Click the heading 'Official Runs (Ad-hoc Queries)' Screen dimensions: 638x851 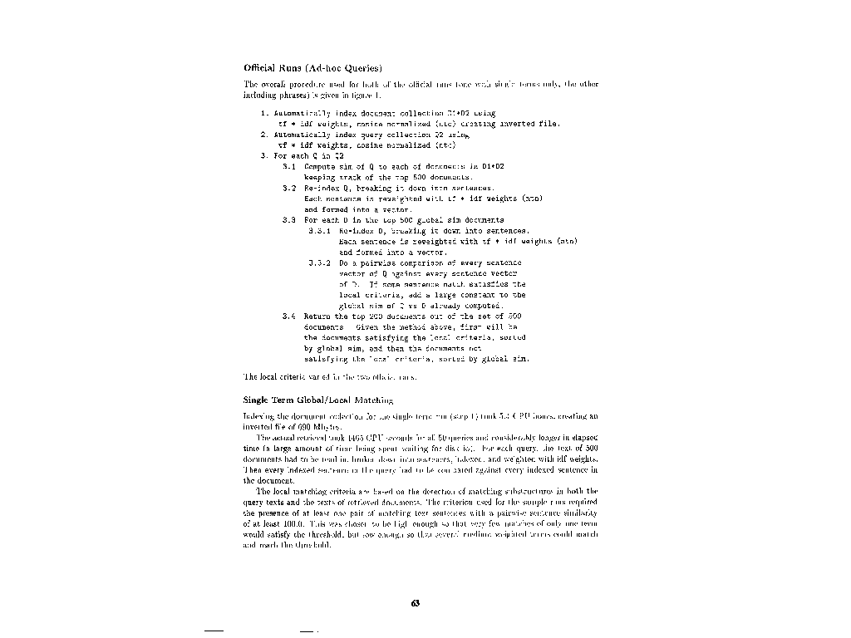[x=312, y=67]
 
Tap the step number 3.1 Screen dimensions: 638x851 [x=290, y=167]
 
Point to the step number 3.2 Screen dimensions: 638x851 [x=290, y=189]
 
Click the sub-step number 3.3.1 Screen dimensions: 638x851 [x=320, y=230]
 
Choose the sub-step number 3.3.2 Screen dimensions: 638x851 [x=320, y=263]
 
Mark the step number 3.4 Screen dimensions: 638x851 [x=290, y=317]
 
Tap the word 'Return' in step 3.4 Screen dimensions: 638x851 [x=319, y=317]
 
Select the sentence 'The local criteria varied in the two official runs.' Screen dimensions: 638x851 [x=330, y=376]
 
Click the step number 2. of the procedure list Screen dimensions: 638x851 [x=263, y=134]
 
